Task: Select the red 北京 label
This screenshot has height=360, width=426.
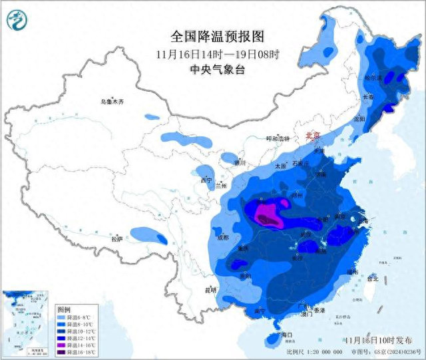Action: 312,136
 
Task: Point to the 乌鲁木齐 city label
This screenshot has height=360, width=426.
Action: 112,102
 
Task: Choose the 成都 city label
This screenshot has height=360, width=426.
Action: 222,238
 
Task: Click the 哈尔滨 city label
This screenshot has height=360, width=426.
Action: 373,78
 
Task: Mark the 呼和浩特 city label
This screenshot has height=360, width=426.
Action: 278,139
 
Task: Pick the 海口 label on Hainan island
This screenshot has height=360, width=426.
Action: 287,334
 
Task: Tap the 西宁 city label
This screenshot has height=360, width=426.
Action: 206,180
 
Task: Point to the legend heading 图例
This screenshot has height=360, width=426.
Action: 64,309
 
